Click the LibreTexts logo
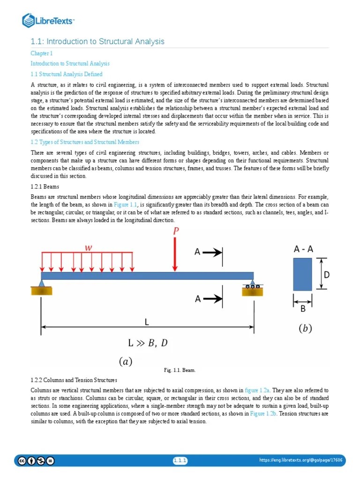[49, 20]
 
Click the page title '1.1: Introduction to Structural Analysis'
[97, 42]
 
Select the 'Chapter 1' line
[42, 53]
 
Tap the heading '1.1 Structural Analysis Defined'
[67, 74]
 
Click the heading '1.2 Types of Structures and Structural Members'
[85, 142]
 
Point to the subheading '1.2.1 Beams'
[45, 186]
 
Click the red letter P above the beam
[176, 231]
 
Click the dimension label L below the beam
[147, 322]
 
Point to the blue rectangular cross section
[302, 274]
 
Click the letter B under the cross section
[303, 309]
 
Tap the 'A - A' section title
[303, 249]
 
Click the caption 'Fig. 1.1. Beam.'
[180, 370]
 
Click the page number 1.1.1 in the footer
[180, 461]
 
